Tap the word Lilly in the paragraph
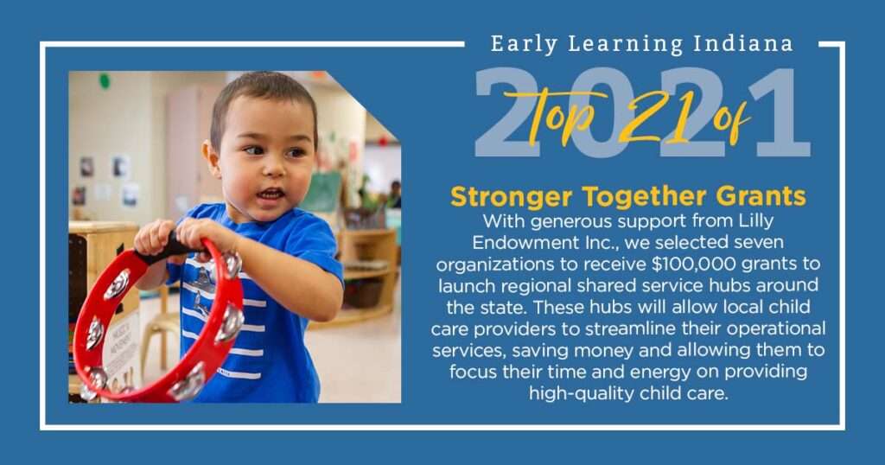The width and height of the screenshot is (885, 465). click(x=756, y=220)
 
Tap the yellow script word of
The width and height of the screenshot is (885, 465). click(x=732, y=118)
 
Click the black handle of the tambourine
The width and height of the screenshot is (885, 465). click(x=169, y=251)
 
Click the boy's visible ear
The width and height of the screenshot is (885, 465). click(x=211, y=157)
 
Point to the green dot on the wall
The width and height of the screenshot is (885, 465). click(x=105, y=80)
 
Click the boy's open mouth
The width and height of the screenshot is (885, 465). click(x=271, y=194)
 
